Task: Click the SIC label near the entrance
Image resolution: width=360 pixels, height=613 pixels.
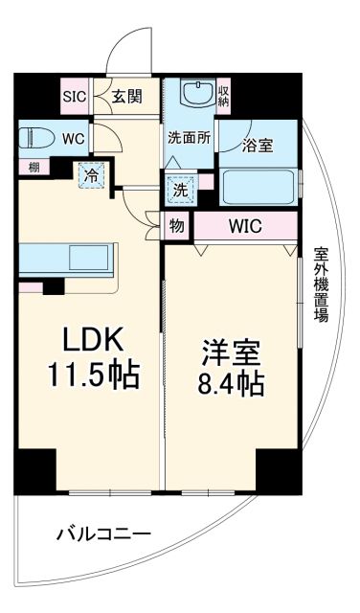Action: (75, 96)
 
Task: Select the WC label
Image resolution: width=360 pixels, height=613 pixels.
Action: (75, 137)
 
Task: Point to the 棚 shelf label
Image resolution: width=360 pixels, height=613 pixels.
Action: (34, 167)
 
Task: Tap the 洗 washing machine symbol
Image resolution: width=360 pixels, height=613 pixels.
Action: (178, 189)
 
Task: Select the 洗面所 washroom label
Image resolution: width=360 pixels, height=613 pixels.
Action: (188, 137)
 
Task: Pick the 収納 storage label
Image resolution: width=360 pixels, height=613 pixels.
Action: (222, 93)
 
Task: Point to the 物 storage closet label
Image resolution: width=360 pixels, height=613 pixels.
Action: (177, 226)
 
